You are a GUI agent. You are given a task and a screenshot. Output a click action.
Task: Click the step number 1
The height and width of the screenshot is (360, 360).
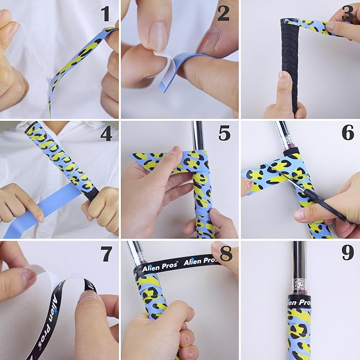click(x=106, y=14)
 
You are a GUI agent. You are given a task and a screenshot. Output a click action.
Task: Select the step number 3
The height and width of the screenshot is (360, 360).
click(x=348, y=14)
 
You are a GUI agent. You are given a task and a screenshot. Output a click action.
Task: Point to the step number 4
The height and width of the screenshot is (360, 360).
click(x=106, y=134)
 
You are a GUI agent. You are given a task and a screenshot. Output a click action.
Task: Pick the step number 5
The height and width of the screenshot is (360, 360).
click(x=224, y=133)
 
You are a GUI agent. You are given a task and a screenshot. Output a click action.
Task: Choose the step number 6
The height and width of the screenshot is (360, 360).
click(x=348, y=133)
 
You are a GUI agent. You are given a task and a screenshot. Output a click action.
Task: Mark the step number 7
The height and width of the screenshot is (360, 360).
click(x=106, y=254)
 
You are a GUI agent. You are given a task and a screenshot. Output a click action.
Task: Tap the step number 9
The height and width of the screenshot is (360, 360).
click(x=348, y=253)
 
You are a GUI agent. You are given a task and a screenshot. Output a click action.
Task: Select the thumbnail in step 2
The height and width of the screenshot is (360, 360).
click(x=157, y=36)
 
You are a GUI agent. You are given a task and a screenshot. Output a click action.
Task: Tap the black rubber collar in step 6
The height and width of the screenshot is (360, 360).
click(x=291, y=151)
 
